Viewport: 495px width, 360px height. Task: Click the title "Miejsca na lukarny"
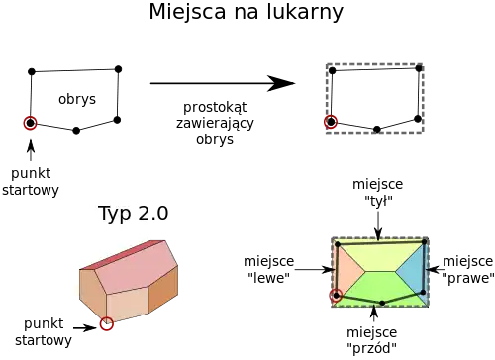(247, 12)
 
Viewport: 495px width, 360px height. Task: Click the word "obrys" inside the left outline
(77, 99)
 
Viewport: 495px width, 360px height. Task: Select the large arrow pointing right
(223, 83)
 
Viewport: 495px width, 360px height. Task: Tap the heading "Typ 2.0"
(134, 213)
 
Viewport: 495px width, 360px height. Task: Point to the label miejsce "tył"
(378, 192)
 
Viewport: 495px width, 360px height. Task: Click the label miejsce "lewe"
(268, 269)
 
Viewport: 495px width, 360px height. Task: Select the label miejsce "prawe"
(468, 269)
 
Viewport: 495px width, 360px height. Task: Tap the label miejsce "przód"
(372, 340)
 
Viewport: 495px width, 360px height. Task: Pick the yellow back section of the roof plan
(380, 256)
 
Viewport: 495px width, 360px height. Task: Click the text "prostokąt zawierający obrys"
(215, 123)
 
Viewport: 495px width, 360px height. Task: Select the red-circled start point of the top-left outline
(31, 123)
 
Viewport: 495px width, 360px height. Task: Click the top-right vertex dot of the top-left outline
(118, 69)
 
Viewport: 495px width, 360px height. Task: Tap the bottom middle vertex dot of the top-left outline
(76, 131)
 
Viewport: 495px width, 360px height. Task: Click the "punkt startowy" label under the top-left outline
(31, 182)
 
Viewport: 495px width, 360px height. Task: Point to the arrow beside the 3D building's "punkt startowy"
(85, 328)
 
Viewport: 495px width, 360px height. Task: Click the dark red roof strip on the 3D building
(122, 255)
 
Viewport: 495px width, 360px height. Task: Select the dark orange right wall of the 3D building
(162, 290)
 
